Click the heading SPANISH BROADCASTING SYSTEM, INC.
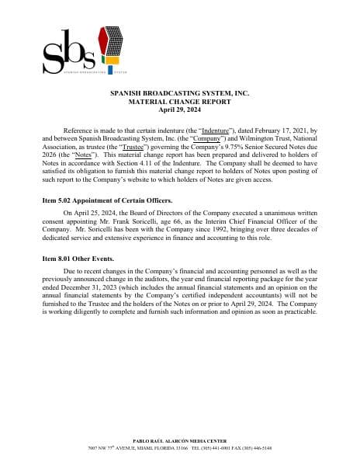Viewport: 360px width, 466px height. click(x=179, y=93)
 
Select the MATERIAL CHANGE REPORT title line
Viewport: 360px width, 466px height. click(x=179, y=101)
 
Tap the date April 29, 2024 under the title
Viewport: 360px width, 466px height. click(x=179, y=109)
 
